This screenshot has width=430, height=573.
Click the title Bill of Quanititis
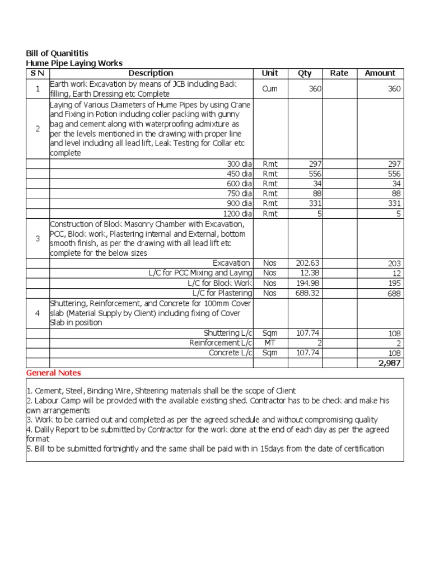(57, 53)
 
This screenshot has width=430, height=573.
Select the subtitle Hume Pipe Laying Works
(74, 63)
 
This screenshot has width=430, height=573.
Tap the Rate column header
(339, 73)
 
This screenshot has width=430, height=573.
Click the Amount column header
(380, 73)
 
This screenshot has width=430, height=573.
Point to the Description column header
(151, 73)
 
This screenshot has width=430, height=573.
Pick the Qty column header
(305, 73)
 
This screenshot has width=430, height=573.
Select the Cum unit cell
(270, 89)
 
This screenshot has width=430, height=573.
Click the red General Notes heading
(54, 373)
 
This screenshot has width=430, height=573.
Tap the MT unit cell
(270, 343)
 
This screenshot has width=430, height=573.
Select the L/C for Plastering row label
(222, 293)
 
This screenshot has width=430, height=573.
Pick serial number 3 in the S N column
(38, 238)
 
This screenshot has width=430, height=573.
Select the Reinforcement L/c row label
(221, 343)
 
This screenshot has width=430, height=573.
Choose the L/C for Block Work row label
(219, 283)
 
